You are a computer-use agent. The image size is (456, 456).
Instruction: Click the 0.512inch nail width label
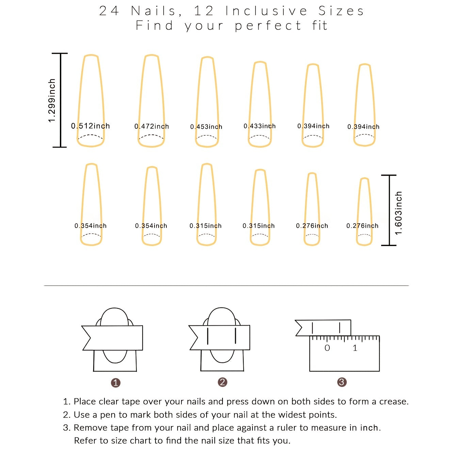91,126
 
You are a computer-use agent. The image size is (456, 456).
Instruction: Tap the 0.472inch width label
152,127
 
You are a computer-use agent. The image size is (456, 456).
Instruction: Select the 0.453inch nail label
206,127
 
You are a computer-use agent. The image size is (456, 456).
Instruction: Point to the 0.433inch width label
260,126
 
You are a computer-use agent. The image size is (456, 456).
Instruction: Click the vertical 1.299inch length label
52,100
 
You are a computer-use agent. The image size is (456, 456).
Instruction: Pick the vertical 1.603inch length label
398,213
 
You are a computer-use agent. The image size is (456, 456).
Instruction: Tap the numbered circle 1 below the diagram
116,383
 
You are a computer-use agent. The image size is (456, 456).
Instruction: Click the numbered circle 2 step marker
223,382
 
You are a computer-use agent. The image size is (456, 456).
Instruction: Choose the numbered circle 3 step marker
342,382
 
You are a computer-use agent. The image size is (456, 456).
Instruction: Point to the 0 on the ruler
327,348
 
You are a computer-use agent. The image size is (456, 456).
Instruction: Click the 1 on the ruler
355,348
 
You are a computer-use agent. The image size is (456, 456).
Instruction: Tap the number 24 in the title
109,11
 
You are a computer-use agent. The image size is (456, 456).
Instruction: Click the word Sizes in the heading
341,11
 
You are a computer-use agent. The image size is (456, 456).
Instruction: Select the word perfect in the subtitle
268,26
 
